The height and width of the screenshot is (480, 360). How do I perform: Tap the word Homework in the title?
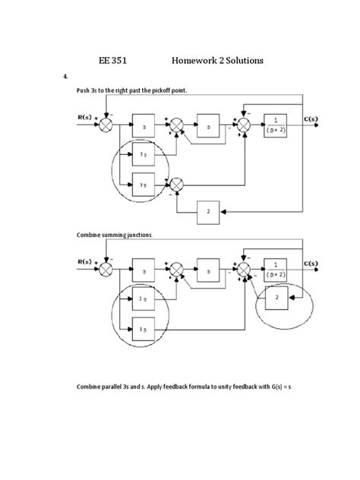click(199, 60)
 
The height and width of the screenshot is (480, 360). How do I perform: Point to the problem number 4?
click(66, 77)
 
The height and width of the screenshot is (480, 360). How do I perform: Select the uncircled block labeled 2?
click(208, 212)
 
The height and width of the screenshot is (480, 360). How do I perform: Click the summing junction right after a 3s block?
click(176, 184)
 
